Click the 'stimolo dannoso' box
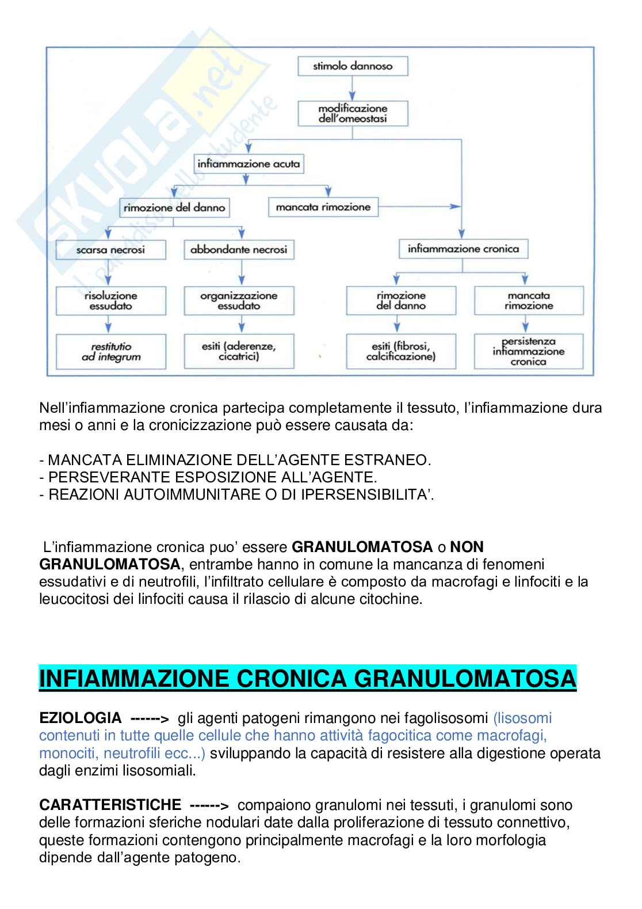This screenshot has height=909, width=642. click(x=352, y=66)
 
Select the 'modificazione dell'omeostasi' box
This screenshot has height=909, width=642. click(x=352, y=113)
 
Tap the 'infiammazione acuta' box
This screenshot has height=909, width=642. click(x=249, y=164)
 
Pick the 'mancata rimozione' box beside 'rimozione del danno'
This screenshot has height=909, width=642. click(x=323, y=207)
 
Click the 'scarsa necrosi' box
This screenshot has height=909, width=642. click(x=110, y=250)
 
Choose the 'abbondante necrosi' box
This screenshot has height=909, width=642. click(x=239, y=250)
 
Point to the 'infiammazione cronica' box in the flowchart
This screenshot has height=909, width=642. click(x=463, y=249)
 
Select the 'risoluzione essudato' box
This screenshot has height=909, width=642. click(x=110, y=301)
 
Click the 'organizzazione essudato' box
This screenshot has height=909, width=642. click(x=239, y=301)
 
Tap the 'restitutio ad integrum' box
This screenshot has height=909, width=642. click(x=110, y=352)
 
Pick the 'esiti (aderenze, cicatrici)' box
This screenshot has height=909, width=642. click(x=239, y=352)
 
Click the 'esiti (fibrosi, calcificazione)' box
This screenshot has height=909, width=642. click(x=401, y=352)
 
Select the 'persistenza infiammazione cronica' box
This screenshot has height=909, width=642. click(x=528, y=352)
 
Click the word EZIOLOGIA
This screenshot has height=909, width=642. click(x=80, y=718)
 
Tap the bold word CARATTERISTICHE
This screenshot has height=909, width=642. click(x=110, y=805)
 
